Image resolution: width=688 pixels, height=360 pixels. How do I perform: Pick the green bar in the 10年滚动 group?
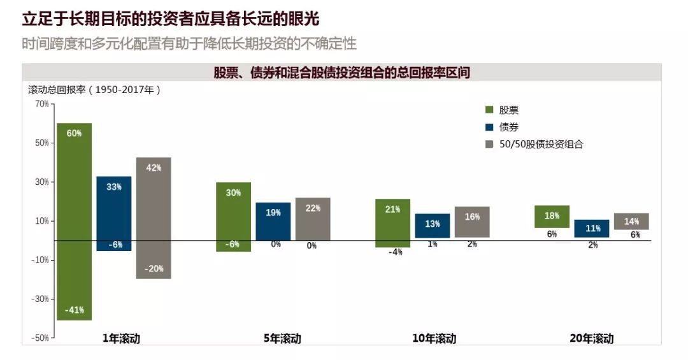(393, 223)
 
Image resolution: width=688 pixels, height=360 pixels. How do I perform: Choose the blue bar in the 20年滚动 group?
(592, 229)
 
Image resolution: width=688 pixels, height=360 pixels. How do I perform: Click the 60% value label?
(74, 133)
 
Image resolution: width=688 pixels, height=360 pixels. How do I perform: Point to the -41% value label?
(74, 310)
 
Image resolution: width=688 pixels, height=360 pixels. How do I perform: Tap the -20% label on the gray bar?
(154, 269)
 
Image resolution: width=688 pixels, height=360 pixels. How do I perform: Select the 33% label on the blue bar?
(114, 187)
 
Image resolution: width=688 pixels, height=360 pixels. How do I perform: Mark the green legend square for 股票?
(490, 110)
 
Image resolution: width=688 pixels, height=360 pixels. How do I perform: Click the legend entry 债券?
(509, 127)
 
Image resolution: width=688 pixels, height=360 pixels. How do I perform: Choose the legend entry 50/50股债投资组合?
(541, 144)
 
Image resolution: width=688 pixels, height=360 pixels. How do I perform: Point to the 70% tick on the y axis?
(41, 104)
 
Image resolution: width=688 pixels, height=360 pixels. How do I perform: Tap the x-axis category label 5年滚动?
(282, 338)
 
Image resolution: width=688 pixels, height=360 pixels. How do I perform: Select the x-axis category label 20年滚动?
(591, 338)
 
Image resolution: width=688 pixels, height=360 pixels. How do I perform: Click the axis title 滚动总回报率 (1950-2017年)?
(94, 89)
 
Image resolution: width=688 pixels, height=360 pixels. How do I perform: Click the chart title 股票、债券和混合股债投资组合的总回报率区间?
(341, 73)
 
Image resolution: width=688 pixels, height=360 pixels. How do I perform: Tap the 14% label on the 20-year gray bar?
(631, 222)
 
